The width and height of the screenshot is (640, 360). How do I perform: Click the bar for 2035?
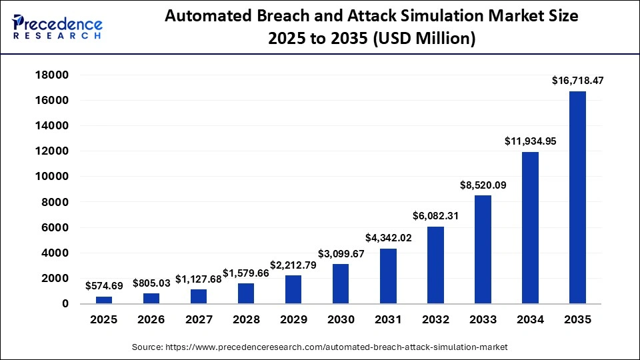[x=577, y=197]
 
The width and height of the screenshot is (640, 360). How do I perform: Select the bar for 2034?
[x=530, y=228]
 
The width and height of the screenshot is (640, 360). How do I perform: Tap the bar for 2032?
[x=435, y=265]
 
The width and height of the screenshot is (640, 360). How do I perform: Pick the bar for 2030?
[x=341, y=284]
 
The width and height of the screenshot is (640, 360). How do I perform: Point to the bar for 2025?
[x=104, y=300]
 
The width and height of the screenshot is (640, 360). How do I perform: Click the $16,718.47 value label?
[x=577, y=81]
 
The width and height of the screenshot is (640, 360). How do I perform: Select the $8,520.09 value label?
[x=483, y=185]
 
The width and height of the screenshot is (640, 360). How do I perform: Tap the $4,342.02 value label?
[x=388, y=238]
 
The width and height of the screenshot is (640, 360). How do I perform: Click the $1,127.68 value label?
[x=199, y=279]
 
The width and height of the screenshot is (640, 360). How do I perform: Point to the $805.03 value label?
[x=151, y=283]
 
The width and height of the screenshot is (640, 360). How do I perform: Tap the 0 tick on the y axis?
[x=65, y=304]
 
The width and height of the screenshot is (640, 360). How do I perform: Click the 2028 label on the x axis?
[x=246, y=320]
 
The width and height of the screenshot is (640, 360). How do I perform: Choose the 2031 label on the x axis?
[x=388, y=320]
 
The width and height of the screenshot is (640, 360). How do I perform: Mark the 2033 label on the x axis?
[x=483, y=320]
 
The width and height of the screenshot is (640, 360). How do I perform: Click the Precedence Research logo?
[x=57, y=27]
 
